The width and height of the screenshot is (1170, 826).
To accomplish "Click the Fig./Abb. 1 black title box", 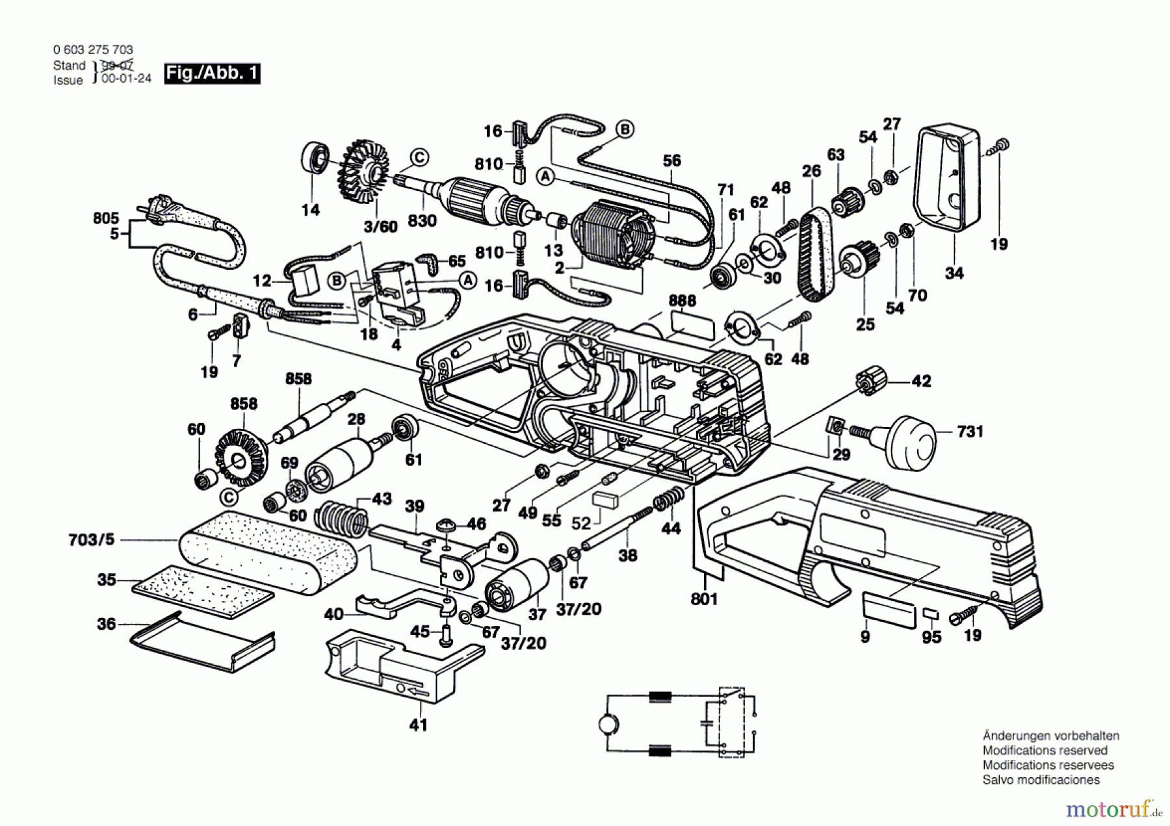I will point(213,73).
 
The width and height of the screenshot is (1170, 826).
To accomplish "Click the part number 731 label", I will point(970,432).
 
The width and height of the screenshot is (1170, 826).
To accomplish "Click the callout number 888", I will point(682,300).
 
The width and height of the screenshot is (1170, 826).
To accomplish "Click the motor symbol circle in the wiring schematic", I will point(608,723).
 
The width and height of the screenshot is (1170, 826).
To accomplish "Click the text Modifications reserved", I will point(1045,751).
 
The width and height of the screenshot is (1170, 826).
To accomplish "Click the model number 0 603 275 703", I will point(93,49).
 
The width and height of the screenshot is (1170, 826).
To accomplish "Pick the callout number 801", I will point(704,599).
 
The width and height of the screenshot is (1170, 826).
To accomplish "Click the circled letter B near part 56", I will point(625,129).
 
